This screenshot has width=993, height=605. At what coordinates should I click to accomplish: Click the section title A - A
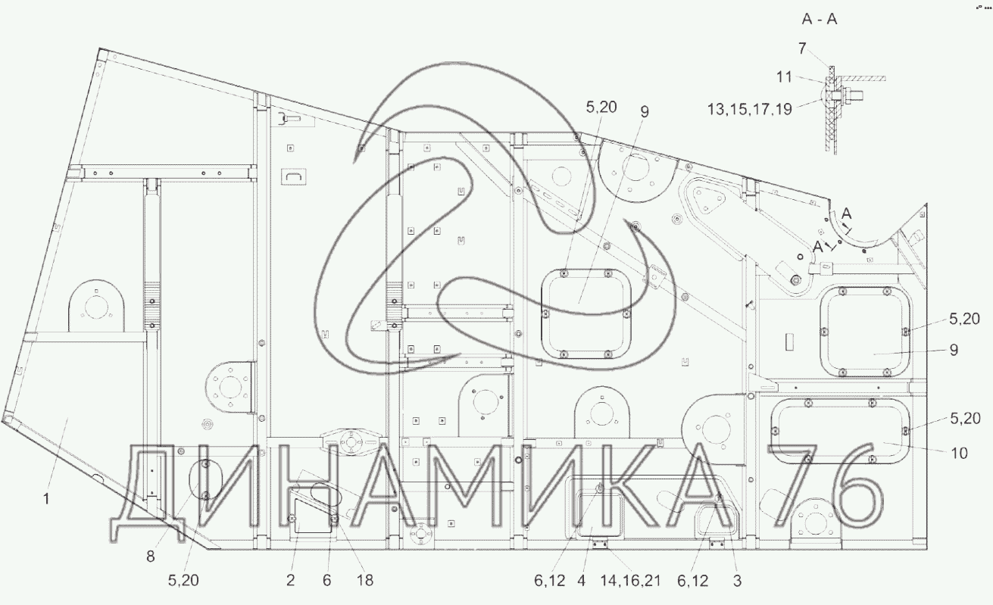click(820, 20)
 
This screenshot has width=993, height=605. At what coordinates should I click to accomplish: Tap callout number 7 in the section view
click(802, 48)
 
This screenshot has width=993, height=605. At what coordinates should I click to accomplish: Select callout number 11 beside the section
click(784, 77)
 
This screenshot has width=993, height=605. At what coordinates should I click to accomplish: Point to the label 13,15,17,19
click(749, 109)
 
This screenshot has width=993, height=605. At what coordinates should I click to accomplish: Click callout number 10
click(960, 453)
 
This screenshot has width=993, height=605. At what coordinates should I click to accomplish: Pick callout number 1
click(46, 499)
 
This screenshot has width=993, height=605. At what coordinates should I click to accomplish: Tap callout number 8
click(151, 557)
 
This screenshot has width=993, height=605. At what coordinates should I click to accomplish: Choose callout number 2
click(290, 580)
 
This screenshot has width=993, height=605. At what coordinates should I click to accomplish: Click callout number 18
click(365, 580)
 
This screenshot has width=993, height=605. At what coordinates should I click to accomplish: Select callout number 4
click(581, 580)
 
